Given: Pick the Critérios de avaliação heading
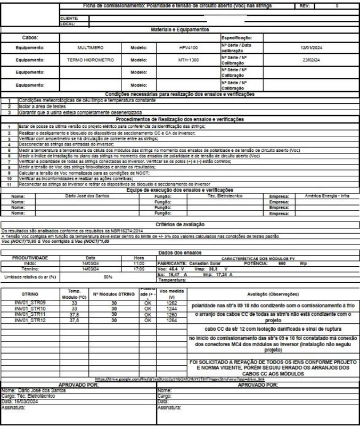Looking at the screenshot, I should point(180,224).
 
